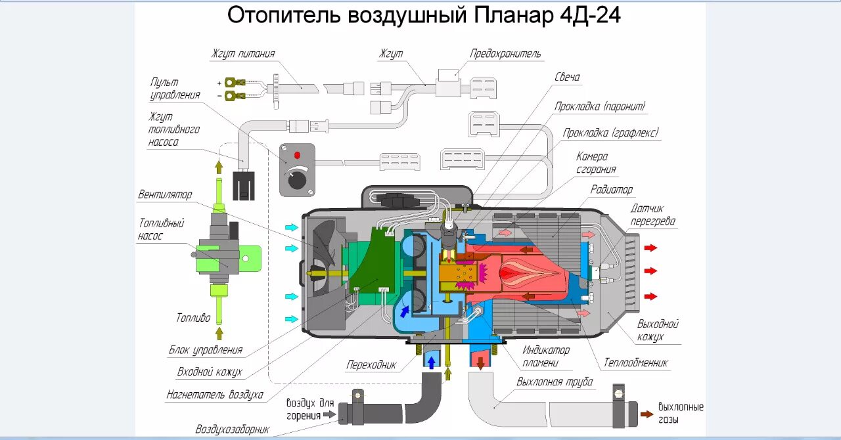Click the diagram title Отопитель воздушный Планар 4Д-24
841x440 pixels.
[424, 16]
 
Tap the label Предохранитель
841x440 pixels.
[505, 54]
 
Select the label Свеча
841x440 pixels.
[567, 77]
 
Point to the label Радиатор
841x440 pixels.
[610, 190]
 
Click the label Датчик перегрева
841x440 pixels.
[652, 215]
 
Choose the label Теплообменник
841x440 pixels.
[636, 363]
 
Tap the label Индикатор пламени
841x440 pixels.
[546, 356]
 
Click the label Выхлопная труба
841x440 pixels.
[555, 382]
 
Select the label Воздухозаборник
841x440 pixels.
[233, 429]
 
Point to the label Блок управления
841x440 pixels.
[206, 350]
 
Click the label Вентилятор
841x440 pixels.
[165, 195]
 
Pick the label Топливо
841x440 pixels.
[193, 318]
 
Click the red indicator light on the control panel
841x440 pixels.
[297, 156]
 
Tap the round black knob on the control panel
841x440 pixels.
[298, 178]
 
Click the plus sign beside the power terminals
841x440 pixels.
[219, 83]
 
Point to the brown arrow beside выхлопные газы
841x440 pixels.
[647, 414]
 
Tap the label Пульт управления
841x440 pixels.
[175, 89]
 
